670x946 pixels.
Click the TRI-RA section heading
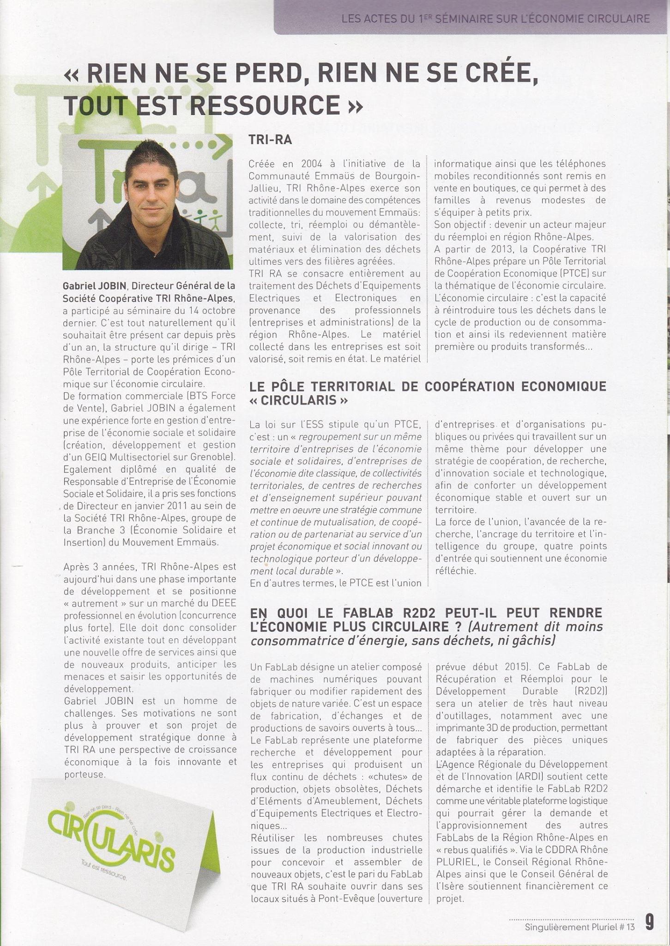270,140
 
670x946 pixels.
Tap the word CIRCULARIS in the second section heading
298,400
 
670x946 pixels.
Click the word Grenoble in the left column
212,457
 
